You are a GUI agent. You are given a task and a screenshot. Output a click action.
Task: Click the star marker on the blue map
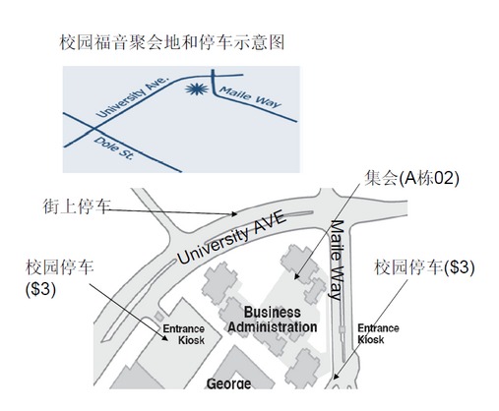tap(196, 88)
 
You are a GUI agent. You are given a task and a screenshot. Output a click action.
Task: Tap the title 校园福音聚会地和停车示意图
tap(172, 42)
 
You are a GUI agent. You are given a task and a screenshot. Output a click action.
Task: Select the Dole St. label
tap(114, 148)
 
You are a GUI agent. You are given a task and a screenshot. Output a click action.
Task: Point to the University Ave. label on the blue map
tap(132, 97)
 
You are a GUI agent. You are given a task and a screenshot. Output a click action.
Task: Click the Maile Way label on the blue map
tap(250, 96)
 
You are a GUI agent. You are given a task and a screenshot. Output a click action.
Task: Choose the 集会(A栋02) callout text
tap(411, 178)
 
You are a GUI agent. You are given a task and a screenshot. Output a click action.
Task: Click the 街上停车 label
tap(76, 206)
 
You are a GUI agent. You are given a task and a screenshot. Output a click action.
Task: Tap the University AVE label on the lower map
tap(232, 238)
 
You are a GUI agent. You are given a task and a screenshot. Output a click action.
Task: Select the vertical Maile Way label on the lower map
tap(337, 261)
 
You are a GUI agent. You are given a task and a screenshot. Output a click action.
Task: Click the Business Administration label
tap(273, 320)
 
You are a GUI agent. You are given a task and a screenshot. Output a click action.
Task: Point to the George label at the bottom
tap(229, 383)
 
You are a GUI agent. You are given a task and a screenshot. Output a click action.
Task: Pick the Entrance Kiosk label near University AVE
tap(184, 334)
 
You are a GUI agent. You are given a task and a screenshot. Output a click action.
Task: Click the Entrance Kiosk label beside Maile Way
tap(378, 333)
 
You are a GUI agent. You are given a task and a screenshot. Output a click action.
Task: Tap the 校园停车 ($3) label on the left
tap(59, 278)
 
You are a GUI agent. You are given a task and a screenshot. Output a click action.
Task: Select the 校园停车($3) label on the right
tap(424, 267)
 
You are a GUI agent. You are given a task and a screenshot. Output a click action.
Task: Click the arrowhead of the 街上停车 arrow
tap(234, 214)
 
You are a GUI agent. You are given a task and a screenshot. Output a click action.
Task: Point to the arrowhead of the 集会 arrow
tap(296, 276)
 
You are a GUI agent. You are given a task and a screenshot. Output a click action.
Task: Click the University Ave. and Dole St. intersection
tap(94, 128)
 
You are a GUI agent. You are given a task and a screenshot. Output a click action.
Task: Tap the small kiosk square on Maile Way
tap(343, 329)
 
